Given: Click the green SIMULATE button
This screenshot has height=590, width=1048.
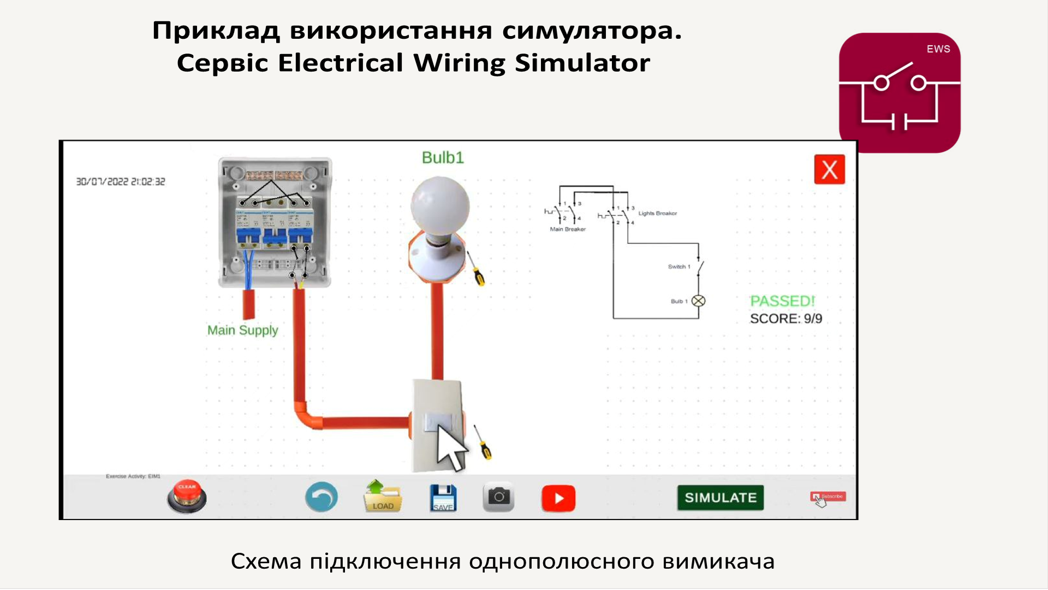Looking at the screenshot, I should pos(720,498).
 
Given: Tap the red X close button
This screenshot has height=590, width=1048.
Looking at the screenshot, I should pos(829,169).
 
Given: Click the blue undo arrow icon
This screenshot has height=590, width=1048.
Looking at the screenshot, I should pos(321,497).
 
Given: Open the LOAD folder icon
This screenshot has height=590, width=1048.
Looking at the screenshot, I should pos(383,497).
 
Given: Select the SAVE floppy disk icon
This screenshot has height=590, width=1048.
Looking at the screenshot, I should pos(443,498).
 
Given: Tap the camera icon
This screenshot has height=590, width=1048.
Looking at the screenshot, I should pos(498,497).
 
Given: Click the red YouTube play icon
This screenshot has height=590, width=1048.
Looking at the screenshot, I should pos(558,498).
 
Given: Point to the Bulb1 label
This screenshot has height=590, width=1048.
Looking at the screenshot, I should pos(443,158).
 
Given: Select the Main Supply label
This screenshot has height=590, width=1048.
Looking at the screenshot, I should pos(242,330).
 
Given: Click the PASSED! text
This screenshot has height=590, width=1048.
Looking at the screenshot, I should pos(782,301).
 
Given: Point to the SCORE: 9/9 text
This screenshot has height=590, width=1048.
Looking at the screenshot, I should pos(785,318).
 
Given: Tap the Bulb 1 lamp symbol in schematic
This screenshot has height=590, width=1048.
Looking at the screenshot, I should pos(698,301).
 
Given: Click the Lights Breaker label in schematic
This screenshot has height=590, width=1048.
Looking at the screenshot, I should pos(657,213).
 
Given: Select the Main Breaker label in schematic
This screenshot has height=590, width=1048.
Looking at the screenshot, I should pos(568,229).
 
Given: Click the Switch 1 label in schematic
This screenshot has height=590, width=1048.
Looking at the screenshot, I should pos(679,267).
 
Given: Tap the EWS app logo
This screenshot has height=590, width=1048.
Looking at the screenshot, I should pos(900,93).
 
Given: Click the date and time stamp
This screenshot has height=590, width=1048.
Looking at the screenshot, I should pos(121,181).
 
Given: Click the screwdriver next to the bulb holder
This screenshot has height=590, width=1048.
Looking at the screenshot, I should pos(475,269).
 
